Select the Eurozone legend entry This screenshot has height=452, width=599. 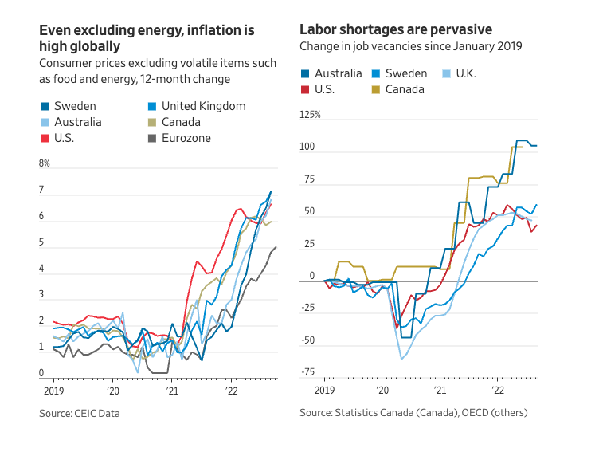pos(185,138)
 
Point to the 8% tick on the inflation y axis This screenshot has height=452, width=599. pos(45,163)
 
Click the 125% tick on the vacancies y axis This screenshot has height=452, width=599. pos(310,115)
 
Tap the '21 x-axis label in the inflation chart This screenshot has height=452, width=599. pos(173,391)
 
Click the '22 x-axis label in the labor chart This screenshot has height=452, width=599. pos(499,391)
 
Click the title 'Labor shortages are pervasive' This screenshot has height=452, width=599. pos(396,29)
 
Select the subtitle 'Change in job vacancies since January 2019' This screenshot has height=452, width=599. pos(411,46)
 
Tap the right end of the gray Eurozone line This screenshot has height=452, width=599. pos(276,247)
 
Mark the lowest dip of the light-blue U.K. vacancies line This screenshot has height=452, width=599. pos(401,359)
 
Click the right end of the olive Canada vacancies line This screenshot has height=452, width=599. pos(521,147)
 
